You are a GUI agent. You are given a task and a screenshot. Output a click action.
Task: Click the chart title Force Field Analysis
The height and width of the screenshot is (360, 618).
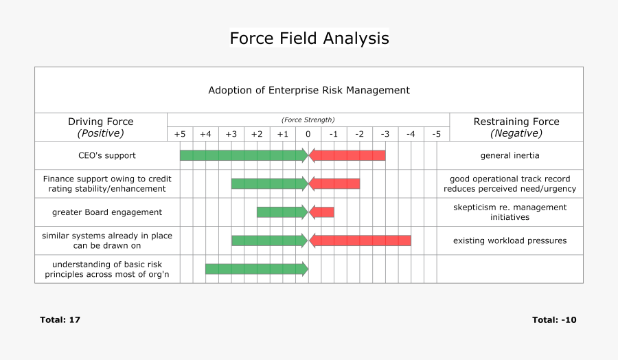coord(309,38)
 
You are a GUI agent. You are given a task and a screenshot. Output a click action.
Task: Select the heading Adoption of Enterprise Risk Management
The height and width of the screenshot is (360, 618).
coord(309,90)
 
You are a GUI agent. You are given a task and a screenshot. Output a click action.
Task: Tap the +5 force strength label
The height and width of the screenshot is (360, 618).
coord(180,134)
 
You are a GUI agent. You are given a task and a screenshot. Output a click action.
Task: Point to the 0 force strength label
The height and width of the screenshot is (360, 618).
coord(308,134)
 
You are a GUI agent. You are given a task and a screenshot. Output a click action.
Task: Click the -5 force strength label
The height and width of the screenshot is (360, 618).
coord(436,134)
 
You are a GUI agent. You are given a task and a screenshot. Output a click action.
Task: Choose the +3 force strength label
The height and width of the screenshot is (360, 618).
coord(231,134)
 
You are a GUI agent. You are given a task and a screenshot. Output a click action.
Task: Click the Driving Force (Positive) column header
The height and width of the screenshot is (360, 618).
coord(101,127)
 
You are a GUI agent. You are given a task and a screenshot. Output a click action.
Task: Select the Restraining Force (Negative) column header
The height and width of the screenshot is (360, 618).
coord(516,127)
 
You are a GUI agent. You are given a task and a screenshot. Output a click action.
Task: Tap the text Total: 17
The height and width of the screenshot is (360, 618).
coord(60,319)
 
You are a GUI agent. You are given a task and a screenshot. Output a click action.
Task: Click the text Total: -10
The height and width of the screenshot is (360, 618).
coord(554,319)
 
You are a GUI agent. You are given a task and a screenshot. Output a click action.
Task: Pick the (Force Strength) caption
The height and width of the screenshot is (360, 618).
coord(308,120)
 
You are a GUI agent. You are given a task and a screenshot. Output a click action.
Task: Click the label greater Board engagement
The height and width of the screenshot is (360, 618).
coord(107,212)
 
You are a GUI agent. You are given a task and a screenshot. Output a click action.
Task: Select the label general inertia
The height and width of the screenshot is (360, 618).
coord(510,155)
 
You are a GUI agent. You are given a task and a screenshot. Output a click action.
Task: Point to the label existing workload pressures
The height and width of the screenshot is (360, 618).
coord(510,240)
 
